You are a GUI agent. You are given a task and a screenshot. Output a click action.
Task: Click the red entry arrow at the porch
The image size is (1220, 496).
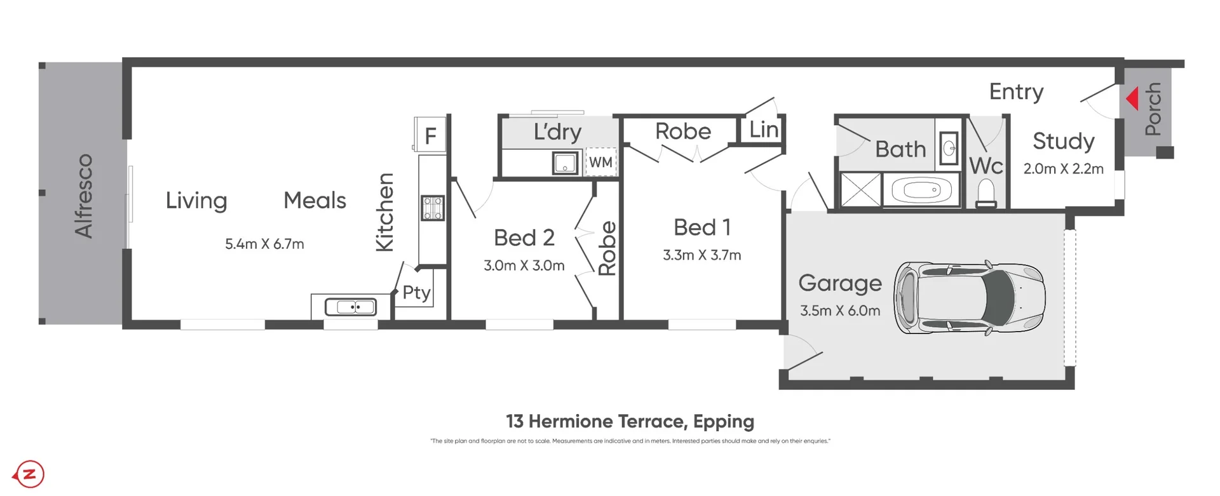pyautogui.click(x=1132, y=100)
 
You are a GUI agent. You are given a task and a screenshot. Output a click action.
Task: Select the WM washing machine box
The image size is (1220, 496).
pyautogui.click(x=600, y=162)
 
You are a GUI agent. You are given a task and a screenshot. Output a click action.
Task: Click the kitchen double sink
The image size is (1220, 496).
pyautogui.click(x=351, y=307)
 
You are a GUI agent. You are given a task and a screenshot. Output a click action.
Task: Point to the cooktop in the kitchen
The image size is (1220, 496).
pyautogui.click(x=433, y=208)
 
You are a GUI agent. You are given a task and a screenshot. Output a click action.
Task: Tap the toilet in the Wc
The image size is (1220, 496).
pyautogui.click(x=986, y=193)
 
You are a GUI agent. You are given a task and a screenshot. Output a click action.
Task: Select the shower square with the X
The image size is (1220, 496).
pyautogui.click(x=860, y=189)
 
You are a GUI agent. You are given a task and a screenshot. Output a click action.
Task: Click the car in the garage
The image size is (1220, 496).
pyautogui.click(x=969, y=297)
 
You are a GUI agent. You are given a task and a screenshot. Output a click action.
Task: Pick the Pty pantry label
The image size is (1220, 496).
pyautogui.click(x=417, y=293)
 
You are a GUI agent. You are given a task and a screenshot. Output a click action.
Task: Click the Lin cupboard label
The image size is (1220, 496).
pyautogui.click(x=763, y=130)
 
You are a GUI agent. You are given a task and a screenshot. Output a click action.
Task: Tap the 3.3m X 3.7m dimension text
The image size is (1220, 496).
pyautogui.click(x=701, y=255)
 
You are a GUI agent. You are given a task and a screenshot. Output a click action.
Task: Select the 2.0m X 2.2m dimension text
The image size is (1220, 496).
pyautogui.click(x=1063, y=169)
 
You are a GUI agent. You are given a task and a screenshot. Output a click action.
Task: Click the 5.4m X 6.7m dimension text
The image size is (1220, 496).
pyautogui.click(x=264, y=245)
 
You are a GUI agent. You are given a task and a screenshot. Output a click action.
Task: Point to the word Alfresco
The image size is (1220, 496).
pyautogui.click(x=84, y=196)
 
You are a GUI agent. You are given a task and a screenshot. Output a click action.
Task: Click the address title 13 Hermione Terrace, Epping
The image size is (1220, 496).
pyautogui.click(x=630, y=422)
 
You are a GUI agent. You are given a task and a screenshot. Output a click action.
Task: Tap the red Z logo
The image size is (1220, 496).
pyautogui.click(x=29, y=474)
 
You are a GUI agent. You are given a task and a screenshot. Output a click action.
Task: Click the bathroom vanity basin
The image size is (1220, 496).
pyautogui.click(x=949, y=149)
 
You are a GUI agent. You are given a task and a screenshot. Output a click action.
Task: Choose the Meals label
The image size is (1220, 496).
pyautogui.click(x=315, y=201)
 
